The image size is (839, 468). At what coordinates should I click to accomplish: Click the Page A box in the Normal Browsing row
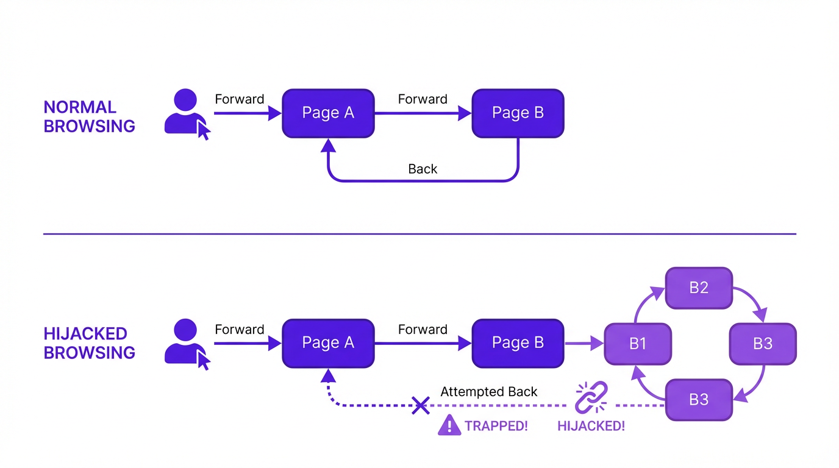coord(328,113)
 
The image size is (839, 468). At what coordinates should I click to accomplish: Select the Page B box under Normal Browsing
coord(518,113)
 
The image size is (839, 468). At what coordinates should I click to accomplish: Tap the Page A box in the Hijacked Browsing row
coord(328,343)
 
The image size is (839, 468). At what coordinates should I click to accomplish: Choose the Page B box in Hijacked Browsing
coord(518,343)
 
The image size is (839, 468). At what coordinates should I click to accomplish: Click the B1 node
coord(637,344)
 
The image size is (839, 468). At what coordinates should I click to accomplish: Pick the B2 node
coord(698,288)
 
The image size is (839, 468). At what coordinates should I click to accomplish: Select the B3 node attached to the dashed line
coord(698,400)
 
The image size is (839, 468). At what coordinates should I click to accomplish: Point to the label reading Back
coord(423,169)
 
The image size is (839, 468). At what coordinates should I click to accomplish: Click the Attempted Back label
coord(488,392)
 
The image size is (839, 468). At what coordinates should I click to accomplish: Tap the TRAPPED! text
coord(496,426)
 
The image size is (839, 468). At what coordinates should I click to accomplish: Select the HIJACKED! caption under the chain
coord(591,426)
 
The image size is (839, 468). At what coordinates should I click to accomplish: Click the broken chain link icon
coord(591,397)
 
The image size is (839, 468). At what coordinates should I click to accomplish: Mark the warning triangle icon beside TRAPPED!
coord(449,425)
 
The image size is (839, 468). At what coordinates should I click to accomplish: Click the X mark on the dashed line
coord(420,405)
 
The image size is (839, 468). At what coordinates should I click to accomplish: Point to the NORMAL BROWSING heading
coord(89,116)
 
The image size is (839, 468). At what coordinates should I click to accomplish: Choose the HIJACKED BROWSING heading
coord(89,343)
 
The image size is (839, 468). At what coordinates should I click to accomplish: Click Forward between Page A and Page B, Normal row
coord(423,99)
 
